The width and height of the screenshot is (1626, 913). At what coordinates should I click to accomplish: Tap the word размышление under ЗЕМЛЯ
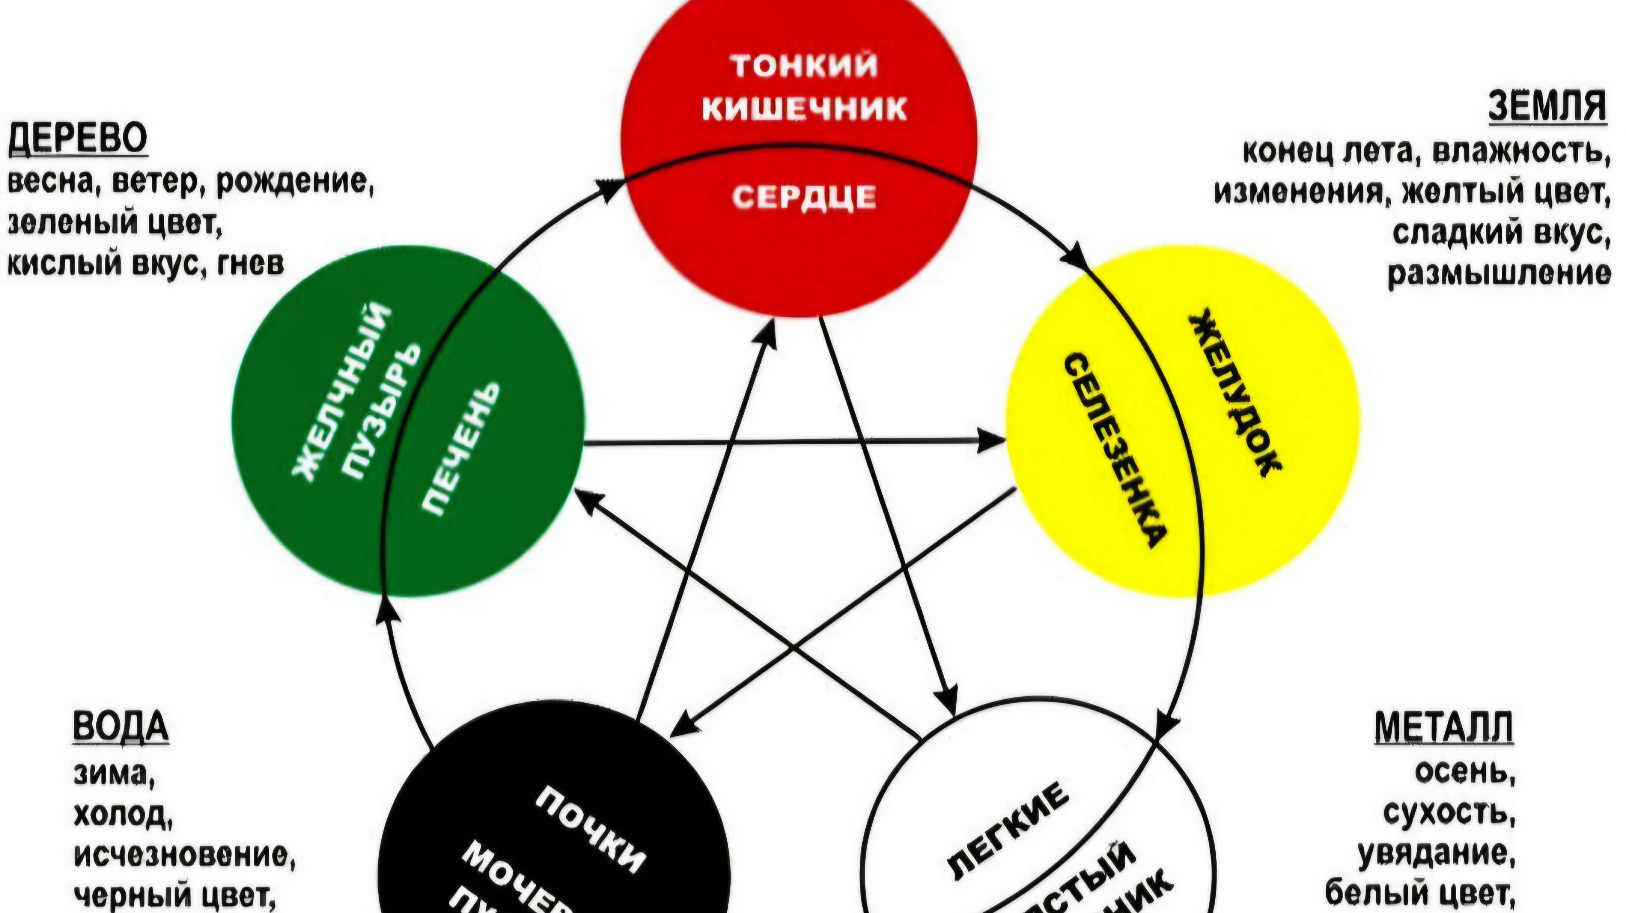pos(1499,275)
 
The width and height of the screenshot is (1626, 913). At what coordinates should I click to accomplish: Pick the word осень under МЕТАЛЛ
pos(1465,773)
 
